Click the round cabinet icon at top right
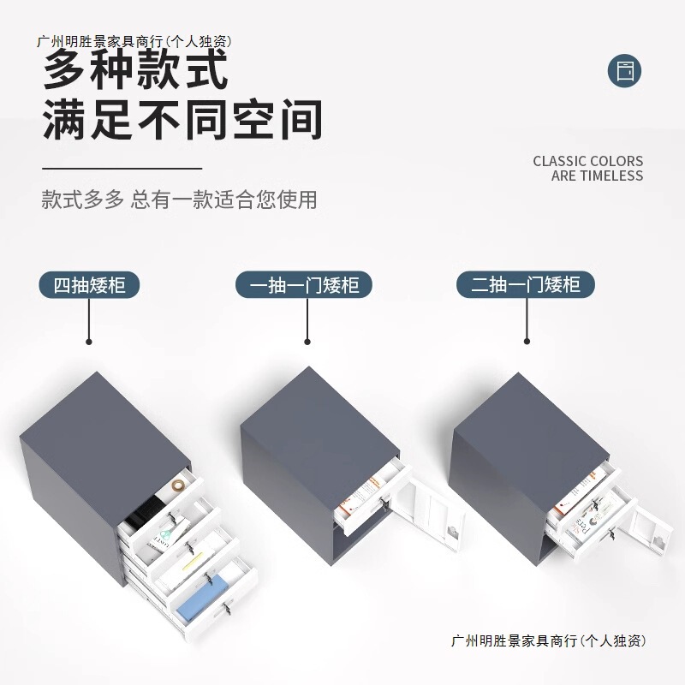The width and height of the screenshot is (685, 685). (x=624, y=70)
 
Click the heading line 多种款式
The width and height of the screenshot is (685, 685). (x=136, y=70)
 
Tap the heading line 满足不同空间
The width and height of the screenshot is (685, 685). (x=182, y=119)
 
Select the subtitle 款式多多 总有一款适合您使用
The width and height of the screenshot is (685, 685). (x=179, y=200)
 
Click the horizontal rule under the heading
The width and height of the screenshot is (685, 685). (x=122, y=169)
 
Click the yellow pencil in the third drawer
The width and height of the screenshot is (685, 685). (x=193, y=553)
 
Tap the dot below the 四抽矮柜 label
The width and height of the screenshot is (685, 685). (x=89, y=341)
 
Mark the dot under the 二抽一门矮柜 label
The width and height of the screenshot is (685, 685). (x=526, y=341)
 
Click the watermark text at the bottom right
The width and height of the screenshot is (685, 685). (x=547, y=640)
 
